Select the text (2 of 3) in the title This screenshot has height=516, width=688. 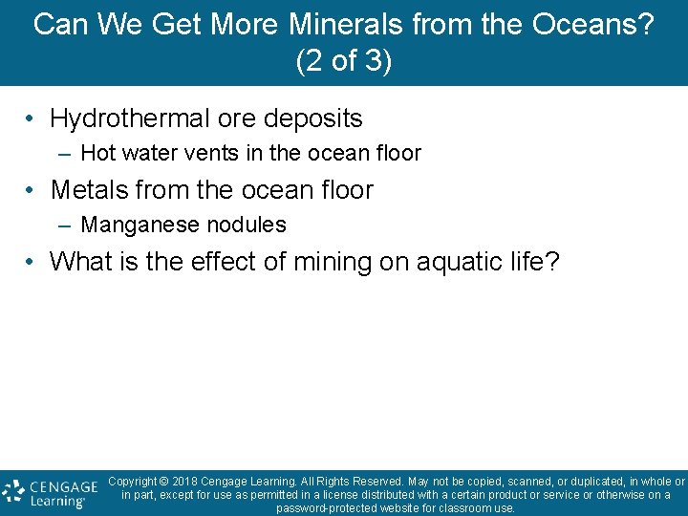coord(344,60)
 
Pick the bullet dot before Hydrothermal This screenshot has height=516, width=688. coord(32,119)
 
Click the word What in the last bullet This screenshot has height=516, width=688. coord(79,261)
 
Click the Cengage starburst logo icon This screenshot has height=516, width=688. coord(12,491)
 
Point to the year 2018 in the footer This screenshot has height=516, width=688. coord(189,482)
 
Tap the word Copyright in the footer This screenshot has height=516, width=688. coord(138,482)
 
